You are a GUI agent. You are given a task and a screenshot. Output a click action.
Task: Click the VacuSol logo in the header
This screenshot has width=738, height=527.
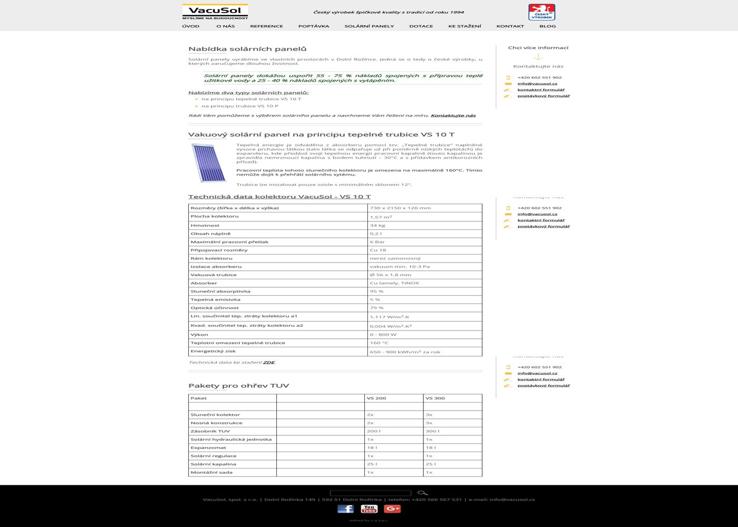pyautogui.click(x=215, y=12)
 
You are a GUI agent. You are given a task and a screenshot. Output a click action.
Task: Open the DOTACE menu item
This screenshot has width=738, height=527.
pyautogui.click(x=421, y=26)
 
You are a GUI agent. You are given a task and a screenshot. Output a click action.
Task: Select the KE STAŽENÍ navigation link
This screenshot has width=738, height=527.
pyautogui.click(x=464, y=26)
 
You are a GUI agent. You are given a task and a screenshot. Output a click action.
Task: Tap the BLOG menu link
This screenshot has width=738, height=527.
pyautogui.click(x=547, y=26)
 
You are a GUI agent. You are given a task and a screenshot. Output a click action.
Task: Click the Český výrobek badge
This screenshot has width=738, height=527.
pyautogui.click(x=541, y=12)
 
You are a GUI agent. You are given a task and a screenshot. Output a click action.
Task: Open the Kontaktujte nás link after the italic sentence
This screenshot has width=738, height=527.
pyautogui.click(x=453, y=115)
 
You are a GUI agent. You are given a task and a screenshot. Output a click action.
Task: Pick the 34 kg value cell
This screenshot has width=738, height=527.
pyautogui.click(x=377, y=226)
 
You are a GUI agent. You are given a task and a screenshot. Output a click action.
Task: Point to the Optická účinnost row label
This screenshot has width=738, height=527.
pyautogui.click(x=215, y=308)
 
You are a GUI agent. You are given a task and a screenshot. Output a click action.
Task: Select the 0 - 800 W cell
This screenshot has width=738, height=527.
pyautogui.click(x=383, y=335)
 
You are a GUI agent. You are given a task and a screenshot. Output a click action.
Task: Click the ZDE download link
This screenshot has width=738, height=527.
pyautogui.click(x=269, y=363)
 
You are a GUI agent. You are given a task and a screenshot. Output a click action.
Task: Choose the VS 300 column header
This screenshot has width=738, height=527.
pyautogui.click(x=435, y=398)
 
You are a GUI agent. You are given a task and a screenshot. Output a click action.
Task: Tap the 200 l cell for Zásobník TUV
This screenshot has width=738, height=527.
pyautogui.click(x=373, y=431)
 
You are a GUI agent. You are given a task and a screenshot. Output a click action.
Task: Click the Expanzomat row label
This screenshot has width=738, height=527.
pyautogui.click(x=208, y=447)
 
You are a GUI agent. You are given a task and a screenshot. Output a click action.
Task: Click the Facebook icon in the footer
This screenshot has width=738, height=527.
pyautogui.click(x=345, y=509)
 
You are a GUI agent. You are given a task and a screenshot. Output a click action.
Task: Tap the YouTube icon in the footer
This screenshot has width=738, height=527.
pyautogui.click(x=369, y=509)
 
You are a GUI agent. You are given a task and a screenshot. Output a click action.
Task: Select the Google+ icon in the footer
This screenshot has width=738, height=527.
pyautogui.click(x=392, y=509)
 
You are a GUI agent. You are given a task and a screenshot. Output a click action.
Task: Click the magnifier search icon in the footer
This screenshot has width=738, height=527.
pyautogui.click(x=422, y=493)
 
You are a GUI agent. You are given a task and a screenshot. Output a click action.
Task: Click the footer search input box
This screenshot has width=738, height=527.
pyautogui.click(x=370, y=493)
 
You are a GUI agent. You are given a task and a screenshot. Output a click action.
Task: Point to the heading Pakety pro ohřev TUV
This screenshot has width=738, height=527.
pyautogui.click(x=238, y=386)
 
